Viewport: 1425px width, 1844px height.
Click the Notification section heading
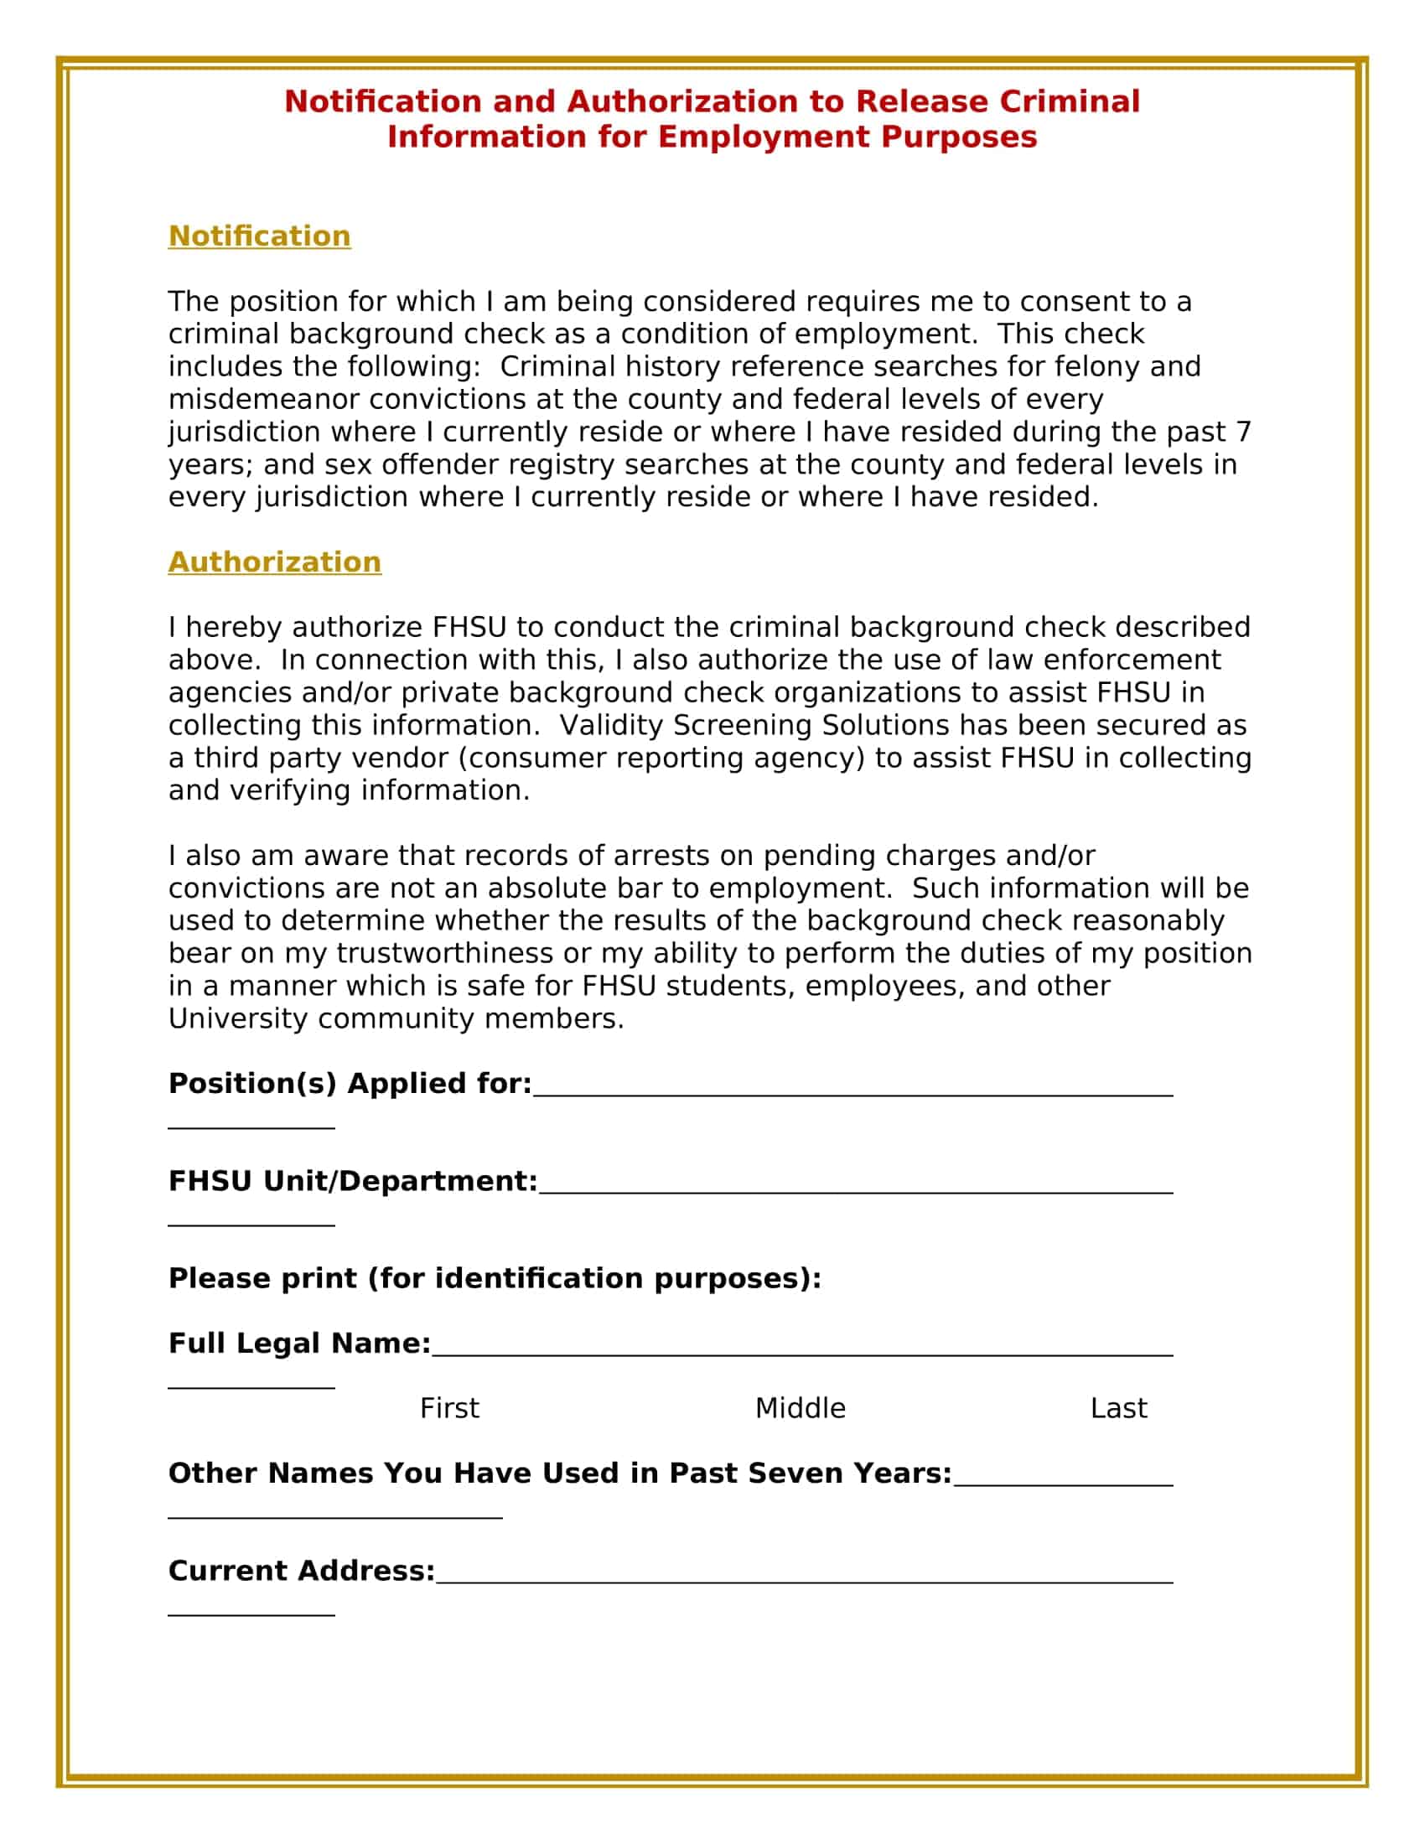point(259,236)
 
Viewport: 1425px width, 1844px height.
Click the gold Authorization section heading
point(274,562)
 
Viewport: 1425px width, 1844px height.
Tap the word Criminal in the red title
point(1069,101)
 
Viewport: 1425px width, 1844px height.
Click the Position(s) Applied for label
point(350,1083)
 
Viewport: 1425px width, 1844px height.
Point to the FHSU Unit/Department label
point(352,1180)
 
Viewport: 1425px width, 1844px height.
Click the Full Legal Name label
point(299,1343)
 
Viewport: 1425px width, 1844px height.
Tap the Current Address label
point(301,1571)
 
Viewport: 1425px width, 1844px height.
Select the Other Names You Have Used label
point(559,1473)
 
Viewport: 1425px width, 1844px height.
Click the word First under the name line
point(449,1408)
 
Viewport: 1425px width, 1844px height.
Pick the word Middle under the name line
point(800,1408)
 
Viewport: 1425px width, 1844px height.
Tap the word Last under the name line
point(1117,1408)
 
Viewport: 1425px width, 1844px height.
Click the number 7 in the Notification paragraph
point(1242,432)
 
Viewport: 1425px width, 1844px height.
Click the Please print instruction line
point(495,1277)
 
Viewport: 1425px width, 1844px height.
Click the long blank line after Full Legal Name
point(802,1354)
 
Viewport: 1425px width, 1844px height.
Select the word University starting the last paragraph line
point(237,1018)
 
